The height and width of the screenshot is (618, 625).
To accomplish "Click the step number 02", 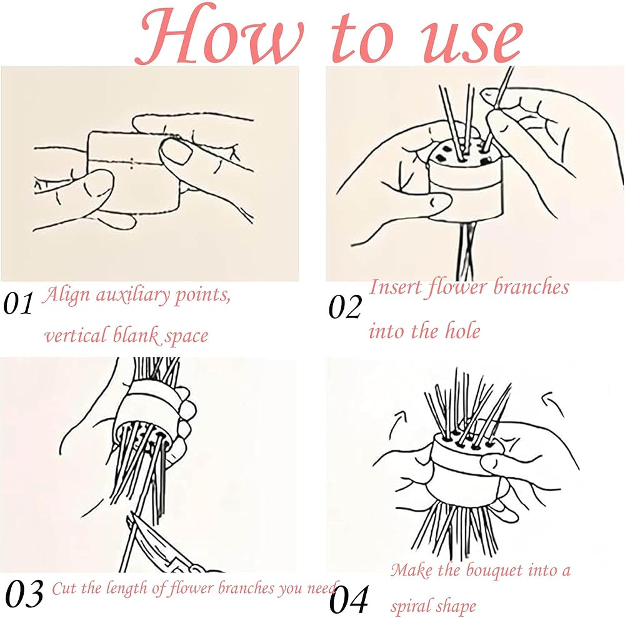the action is (345, 307).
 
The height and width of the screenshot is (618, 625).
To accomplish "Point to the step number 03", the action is (24, 593).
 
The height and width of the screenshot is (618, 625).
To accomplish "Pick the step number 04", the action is (349, 600).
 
